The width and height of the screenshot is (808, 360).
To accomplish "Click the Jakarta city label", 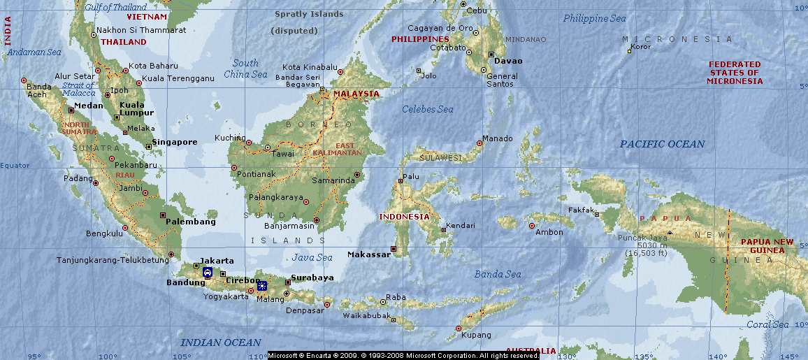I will pyautogui.click(x=217, y=261).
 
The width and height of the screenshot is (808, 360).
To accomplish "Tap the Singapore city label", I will pyautogui.click(x=175, y=142).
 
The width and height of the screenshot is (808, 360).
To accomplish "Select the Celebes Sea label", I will pyautogui.click(x=427, y=109).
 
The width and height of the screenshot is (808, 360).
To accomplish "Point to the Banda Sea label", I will pyautogui.click(x=498, y=274).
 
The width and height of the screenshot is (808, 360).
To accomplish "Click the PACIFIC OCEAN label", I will pyautogui.click(x=662, y=144).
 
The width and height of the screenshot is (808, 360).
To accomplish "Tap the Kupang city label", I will pyautogui.click(x=477, y=336).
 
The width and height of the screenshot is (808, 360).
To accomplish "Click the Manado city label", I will pyautogui.click(x=497, y=138).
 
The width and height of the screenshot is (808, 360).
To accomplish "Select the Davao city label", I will pyautogui.click(x=508, y=61).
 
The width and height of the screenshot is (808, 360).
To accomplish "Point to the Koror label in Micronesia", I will pyautogui.click(x=640, y=47).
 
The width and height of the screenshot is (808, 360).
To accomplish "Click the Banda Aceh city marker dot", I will pyautogui.click(x=24, y=80).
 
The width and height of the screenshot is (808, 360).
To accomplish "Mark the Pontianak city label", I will pyautogui.click(x=257, y=173).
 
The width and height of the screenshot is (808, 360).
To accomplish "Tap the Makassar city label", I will pyautogui.click(x=369, y=254).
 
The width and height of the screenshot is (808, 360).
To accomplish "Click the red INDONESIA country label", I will pyautogui.click(x=404, y=217).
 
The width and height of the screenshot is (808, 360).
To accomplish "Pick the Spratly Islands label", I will pyautogui.click(x=309, y=14).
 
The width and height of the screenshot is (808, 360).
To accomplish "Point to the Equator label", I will pyautogui.click(x=15, y=166).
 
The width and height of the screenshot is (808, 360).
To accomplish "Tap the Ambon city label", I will pyautogui.click(x=549, y=232).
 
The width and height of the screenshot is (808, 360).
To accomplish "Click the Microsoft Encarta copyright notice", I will pyautogui.click(x=403, y=356).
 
